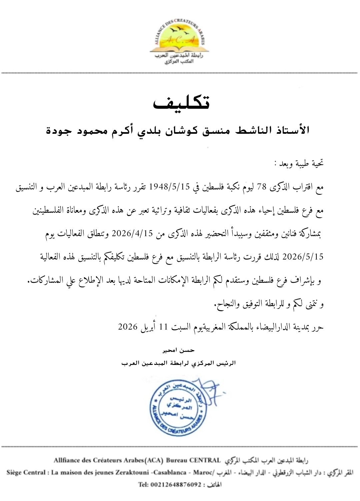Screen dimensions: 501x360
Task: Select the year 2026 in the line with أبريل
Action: (128, 327)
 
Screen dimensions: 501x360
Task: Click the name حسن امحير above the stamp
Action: (179, 350)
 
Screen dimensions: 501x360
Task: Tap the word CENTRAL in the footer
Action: (205, 461)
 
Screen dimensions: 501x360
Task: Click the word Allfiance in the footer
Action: (68, 461)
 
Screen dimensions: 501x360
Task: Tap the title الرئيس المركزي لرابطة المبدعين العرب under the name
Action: (179, 363)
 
